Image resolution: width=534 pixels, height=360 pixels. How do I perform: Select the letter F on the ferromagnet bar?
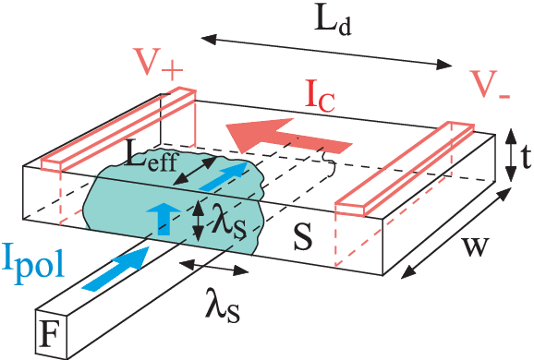point(50,335)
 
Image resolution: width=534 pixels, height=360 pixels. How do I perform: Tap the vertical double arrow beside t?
point(508,155)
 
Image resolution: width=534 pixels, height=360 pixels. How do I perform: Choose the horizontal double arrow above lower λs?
point(213,269)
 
